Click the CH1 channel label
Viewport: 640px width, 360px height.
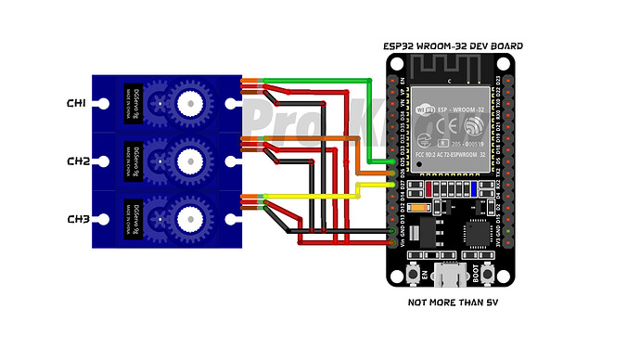click(77, 103)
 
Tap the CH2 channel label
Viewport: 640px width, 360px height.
click(77, 161)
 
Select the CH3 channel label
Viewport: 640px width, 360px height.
click(77, 220)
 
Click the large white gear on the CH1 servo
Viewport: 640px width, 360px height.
click(191, 101)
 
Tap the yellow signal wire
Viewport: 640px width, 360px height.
click(315, 197)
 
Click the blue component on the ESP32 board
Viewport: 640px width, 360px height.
click(474, 186)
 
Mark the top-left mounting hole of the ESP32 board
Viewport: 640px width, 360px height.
click(397, 64)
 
